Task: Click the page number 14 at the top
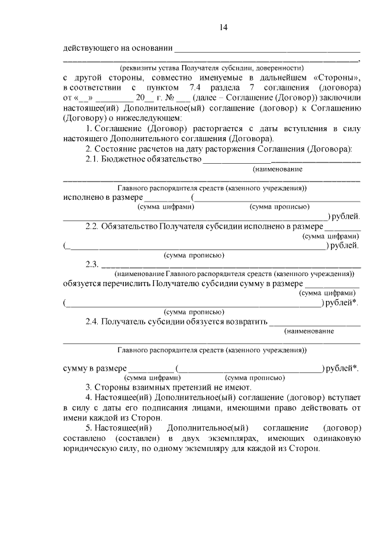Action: point(223,27)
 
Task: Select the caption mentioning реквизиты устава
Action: point(211,67)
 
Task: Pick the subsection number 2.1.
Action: point(92,158)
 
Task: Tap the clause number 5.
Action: point(89,427)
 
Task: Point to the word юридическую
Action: point(89,448)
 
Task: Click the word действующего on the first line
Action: point(92,48)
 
